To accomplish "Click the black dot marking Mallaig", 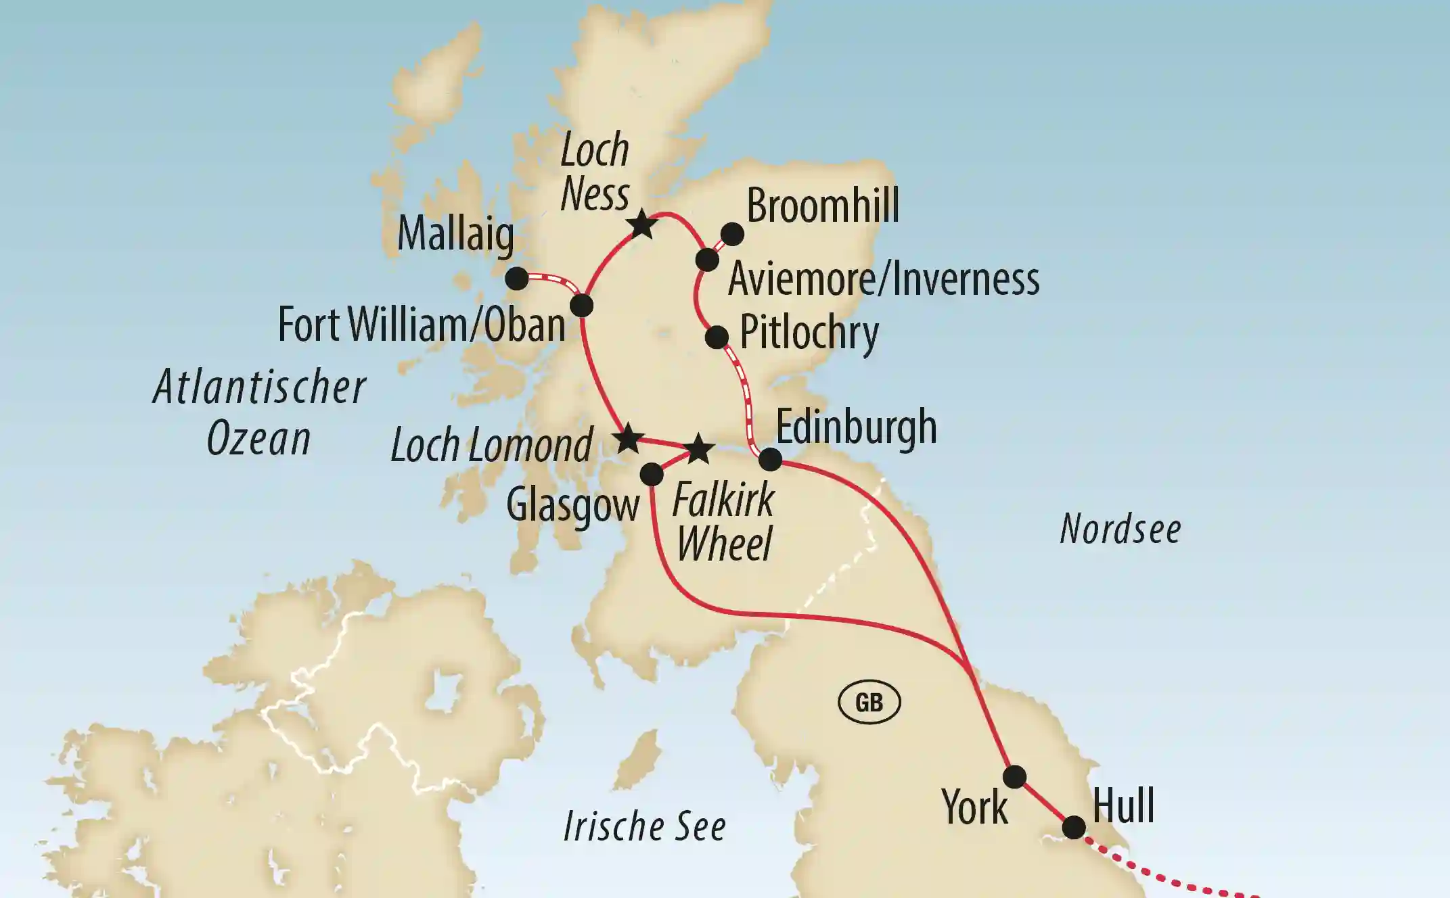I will [517, 278].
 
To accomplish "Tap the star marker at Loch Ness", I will [641, 224].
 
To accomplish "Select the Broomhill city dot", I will [732, 235].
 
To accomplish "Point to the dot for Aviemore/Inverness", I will [707, 260].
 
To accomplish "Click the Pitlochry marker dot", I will [717, 336].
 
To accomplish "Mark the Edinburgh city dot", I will [770, 460].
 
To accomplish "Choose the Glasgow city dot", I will [652, 474].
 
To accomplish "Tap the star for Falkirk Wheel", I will [699, 450].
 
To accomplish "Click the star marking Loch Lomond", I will [628, 439].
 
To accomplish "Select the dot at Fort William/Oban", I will [582, 305].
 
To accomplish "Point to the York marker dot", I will [1014, 776].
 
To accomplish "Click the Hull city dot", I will [1074, 827].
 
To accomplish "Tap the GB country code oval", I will [869, 703].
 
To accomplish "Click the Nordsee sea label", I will [1120, 529].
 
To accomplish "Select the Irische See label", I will [644, 826].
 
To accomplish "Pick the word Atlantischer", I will [260, 387].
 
